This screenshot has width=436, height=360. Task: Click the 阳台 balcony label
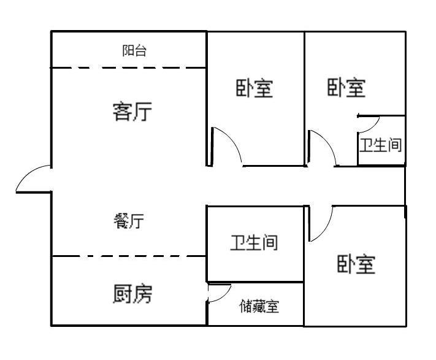pyautogui.click(x=134, y=51)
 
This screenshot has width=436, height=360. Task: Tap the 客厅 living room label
pyautogui.click(x=132, y=112)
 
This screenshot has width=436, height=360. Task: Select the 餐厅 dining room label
pyautogui.click(x=129, y=221)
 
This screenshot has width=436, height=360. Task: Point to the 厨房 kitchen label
pyautogui.click(x=132, y=294)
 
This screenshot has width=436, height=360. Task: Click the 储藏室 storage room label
pyautogui.click(x=259, y=306)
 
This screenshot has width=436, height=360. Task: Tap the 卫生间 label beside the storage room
pyautogui.click(x=254, y=243)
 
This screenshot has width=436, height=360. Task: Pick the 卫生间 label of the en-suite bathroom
pyautogui.click(x=381, y=146)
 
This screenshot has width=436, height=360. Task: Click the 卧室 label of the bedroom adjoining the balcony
pyautogui.click(x=254, y=88)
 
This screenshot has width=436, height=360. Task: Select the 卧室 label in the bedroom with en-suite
pyautogui.click(x=346, y=88)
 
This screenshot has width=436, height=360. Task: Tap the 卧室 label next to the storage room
pyautogui.click(x=356, y=264)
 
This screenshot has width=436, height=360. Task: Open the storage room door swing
pyautogui.click(x=220, y=293)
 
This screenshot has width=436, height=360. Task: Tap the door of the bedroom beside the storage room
pyautogui.click(x=321, y=224)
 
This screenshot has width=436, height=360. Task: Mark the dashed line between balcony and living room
pyautogui.click(x=128, y=67)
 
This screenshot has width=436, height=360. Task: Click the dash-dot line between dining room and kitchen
pyautogui.click(x=128, y=256)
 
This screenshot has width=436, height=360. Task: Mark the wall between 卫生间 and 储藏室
pyautogui.click(x=255, y=281)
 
